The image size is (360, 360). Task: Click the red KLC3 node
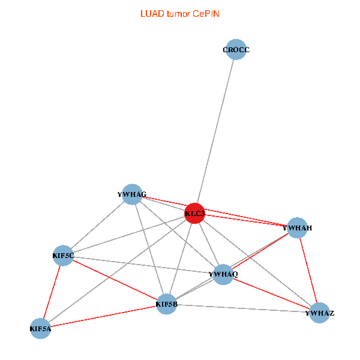click(194, 213)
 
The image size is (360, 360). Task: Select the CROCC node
click(236, 50)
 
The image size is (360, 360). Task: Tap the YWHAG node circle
click(132, 194)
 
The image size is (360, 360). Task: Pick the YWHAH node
click(297, 228)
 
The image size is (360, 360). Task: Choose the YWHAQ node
click(223, 274)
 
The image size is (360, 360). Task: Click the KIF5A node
click(40, 328)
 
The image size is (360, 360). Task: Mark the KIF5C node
click(63, 256)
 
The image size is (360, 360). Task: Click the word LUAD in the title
click(151, 13)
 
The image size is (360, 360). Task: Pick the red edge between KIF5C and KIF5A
click(52, 292)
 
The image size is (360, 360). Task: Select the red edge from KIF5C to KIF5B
click(115, 280)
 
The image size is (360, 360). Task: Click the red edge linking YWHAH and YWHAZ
click(308, 270)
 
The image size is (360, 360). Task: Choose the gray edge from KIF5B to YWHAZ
click(243, 308)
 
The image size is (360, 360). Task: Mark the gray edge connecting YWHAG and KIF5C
click(97, 225)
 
